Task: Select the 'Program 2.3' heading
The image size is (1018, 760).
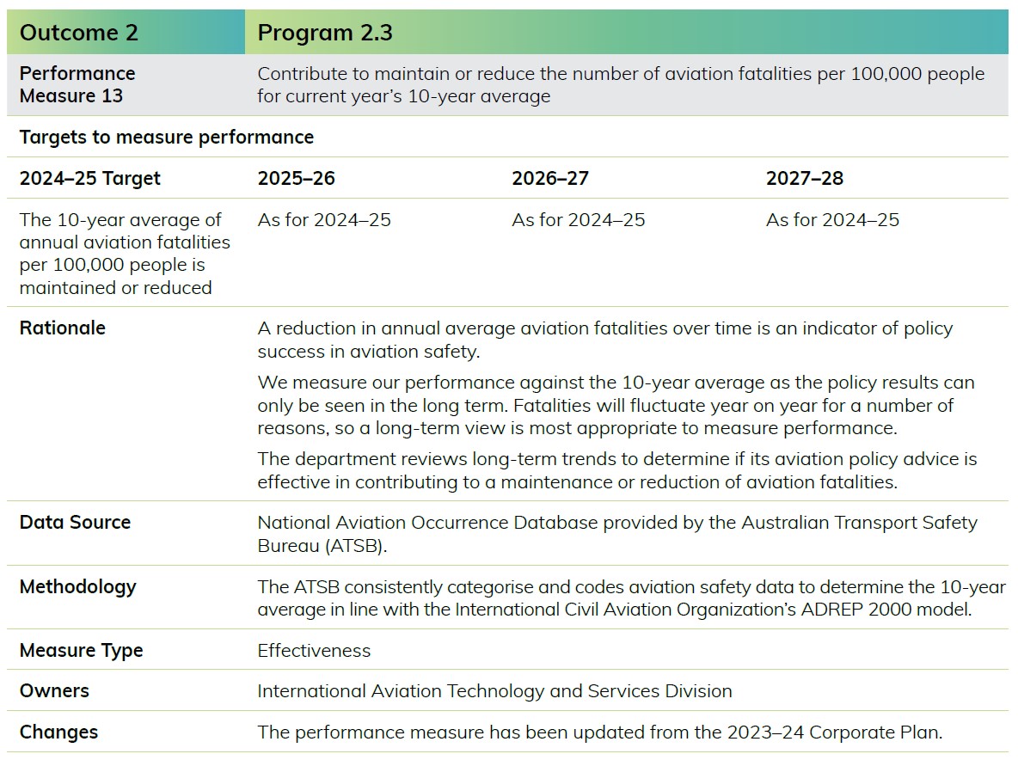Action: coord(325,33)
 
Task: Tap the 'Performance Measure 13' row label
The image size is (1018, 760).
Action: coord(77,84)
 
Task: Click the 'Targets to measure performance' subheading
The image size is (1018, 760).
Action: coord(166,137)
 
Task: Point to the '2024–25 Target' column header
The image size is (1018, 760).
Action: coord(89,179)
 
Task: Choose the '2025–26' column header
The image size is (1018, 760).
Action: coord(296,179)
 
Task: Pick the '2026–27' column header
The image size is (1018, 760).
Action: coord(550,179)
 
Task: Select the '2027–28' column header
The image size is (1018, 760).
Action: coord(805,179)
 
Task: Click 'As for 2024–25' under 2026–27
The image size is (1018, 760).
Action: coord(579,220)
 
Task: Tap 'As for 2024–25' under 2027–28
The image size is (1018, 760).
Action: coord(832,220)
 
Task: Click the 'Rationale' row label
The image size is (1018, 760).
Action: coord(62,328)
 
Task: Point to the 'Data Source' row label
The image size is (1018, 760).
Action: coord(75,522)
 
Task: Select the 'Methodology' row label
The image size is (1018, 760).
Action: coord(78,587)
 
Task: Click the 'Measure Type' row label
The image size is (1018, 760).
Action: coord(81,651)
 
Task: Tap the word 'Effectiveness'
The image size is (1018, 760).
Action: coord(314,650)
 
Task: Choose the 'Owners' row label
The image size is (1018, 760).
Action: coord(54,690)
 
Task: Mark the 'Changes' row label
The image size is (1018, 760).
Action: coord(58,732)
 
